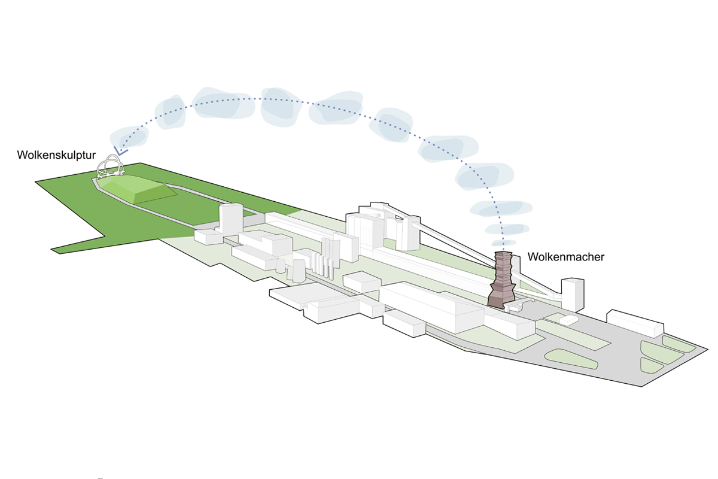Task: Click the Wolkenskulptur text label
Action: click(56, 155)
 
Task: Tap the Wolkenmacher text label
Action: click(566, 257)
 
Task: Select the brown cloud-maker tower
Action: click(502, 280)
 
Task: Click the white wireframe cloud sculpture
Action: click(111, 167)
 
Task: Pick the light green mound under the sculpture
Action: click(136, 189)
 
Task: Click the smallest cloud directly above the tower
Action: click(504, 242)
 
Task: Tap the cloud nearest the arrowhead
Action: click(129, 137)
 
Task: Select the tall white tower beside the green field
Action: click(230, 219)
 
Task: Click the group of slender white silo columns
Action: click(326, 258)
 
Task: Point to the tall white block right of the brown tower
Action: click(573, 295)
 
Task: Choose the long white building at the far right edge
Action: click(635, 323)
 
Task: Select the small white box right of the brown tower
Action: click(568, 320)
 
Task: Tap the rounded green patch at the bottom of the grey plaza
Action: click(571, 359)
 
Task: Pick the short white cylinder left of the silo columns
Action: click(281, 266)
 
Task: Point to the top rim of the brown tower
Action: click(503, 253)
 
